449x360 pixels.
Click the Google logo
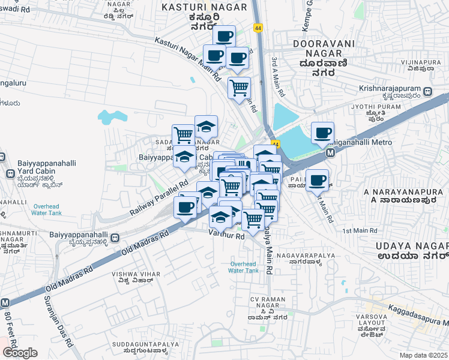[x=20, y=353]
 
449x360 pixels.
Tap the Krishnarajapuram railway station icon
[x=427, y=92]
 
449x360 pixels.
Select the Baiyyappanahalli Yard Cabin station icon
[x=10, y=173]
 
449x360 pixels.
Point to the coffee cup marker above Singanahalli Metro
[x=323, y=133]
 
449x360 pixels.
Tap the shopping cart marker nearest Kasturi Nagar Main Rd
[x=239, y=88]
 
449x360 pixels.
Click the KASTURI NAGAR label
[x=205, y=7]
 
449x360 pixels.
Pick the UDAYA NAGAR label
[x=412, y=247]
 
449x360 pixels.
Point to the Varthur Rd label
[x=227, y=237]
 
